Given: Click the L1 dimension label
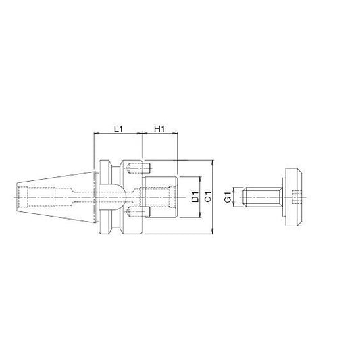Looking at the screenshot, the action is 118,128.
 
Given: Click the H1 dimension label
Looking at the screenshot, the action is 159,128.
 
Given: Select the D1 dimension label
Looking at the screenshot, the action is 195,197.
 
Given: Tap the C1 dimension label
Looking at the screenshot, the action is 208,197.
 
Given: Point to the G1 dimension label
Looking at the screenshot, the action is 228,197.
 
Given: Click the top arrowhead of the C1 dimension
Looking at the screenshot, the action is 213,163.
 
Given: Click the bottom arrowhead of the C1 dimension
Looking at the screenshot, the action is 213,232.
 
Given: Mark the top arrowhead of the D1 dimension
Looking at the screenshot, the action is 200,179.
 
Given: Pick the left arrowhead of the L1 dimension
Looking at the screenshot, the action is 97,133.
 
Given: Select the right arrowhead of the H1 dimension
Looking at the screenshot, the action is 175,133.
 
